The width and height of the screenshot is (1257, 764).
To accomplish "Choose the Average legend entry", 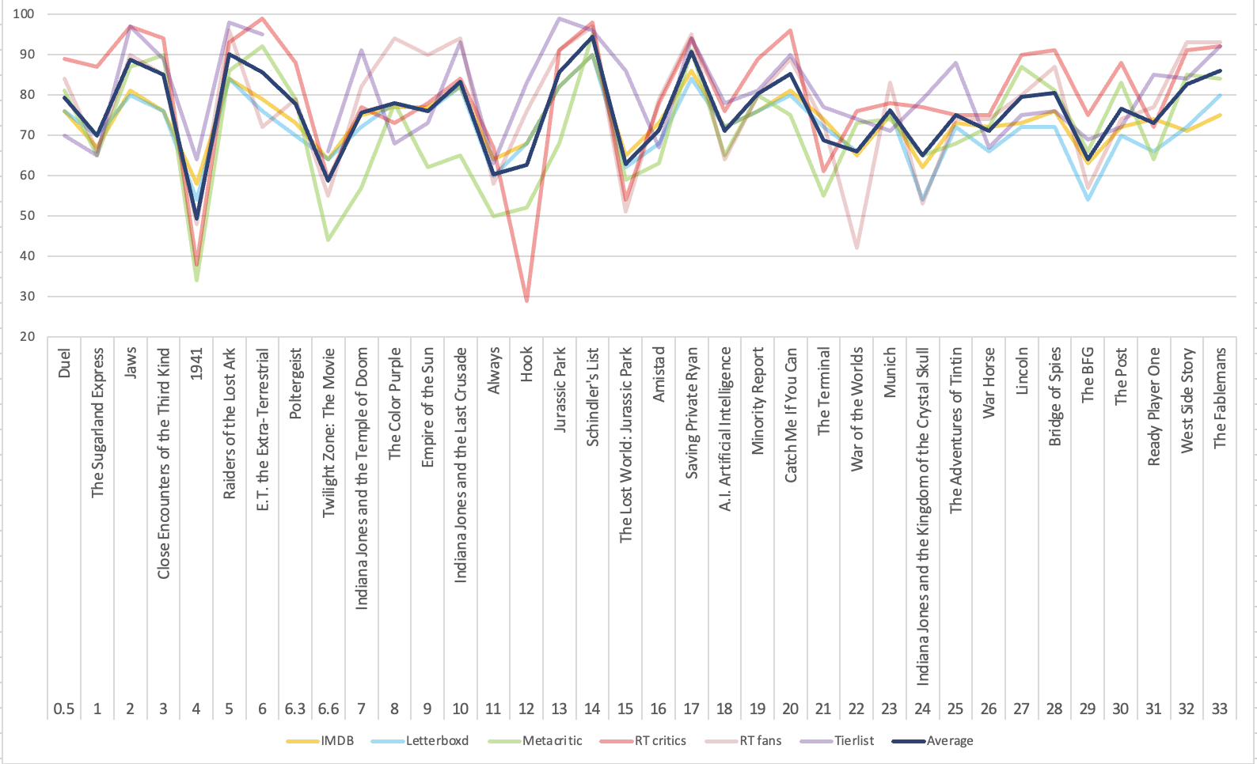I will (x=949, y=741).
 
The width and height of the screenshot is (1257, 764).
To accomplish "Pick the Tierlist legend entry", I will (x=854, y=741).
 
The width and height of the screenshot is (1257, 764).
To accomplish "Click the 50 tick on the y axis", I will (x=28, y=216).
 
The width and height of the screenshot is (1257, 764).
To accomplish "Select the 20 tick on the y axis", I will (x=28, y=336).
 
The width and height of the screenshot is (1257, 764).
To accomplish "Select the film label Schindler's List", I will (x=593, y=397).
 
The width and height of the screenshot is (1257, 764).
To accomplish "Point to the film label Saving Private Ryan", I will (x=692, y=412).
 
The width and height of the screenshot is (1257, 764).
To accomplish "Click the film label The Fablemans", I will (x=1220, y=398).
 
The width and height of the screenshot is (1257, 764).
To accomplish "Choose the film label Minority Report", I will (x=758, y=400).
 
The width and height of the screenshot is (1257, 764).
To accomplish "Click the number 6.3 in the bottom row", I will (x=295, y=709).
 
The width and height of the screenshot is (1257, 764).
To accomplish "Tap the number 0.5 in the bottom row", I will (x=64, y=709).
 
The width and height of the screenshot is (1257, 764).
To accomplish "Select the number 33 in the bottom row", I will (x=1219, y=709).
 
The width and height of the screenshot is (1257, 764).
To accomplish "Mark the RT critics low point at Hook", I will (x=526, y=301).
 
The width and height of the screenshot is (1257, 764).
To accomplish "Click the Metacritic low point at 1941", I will (x=196, y=280).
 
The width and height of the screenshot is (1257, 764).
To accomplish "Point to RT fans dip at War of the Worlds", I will (x=856, y=248).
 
